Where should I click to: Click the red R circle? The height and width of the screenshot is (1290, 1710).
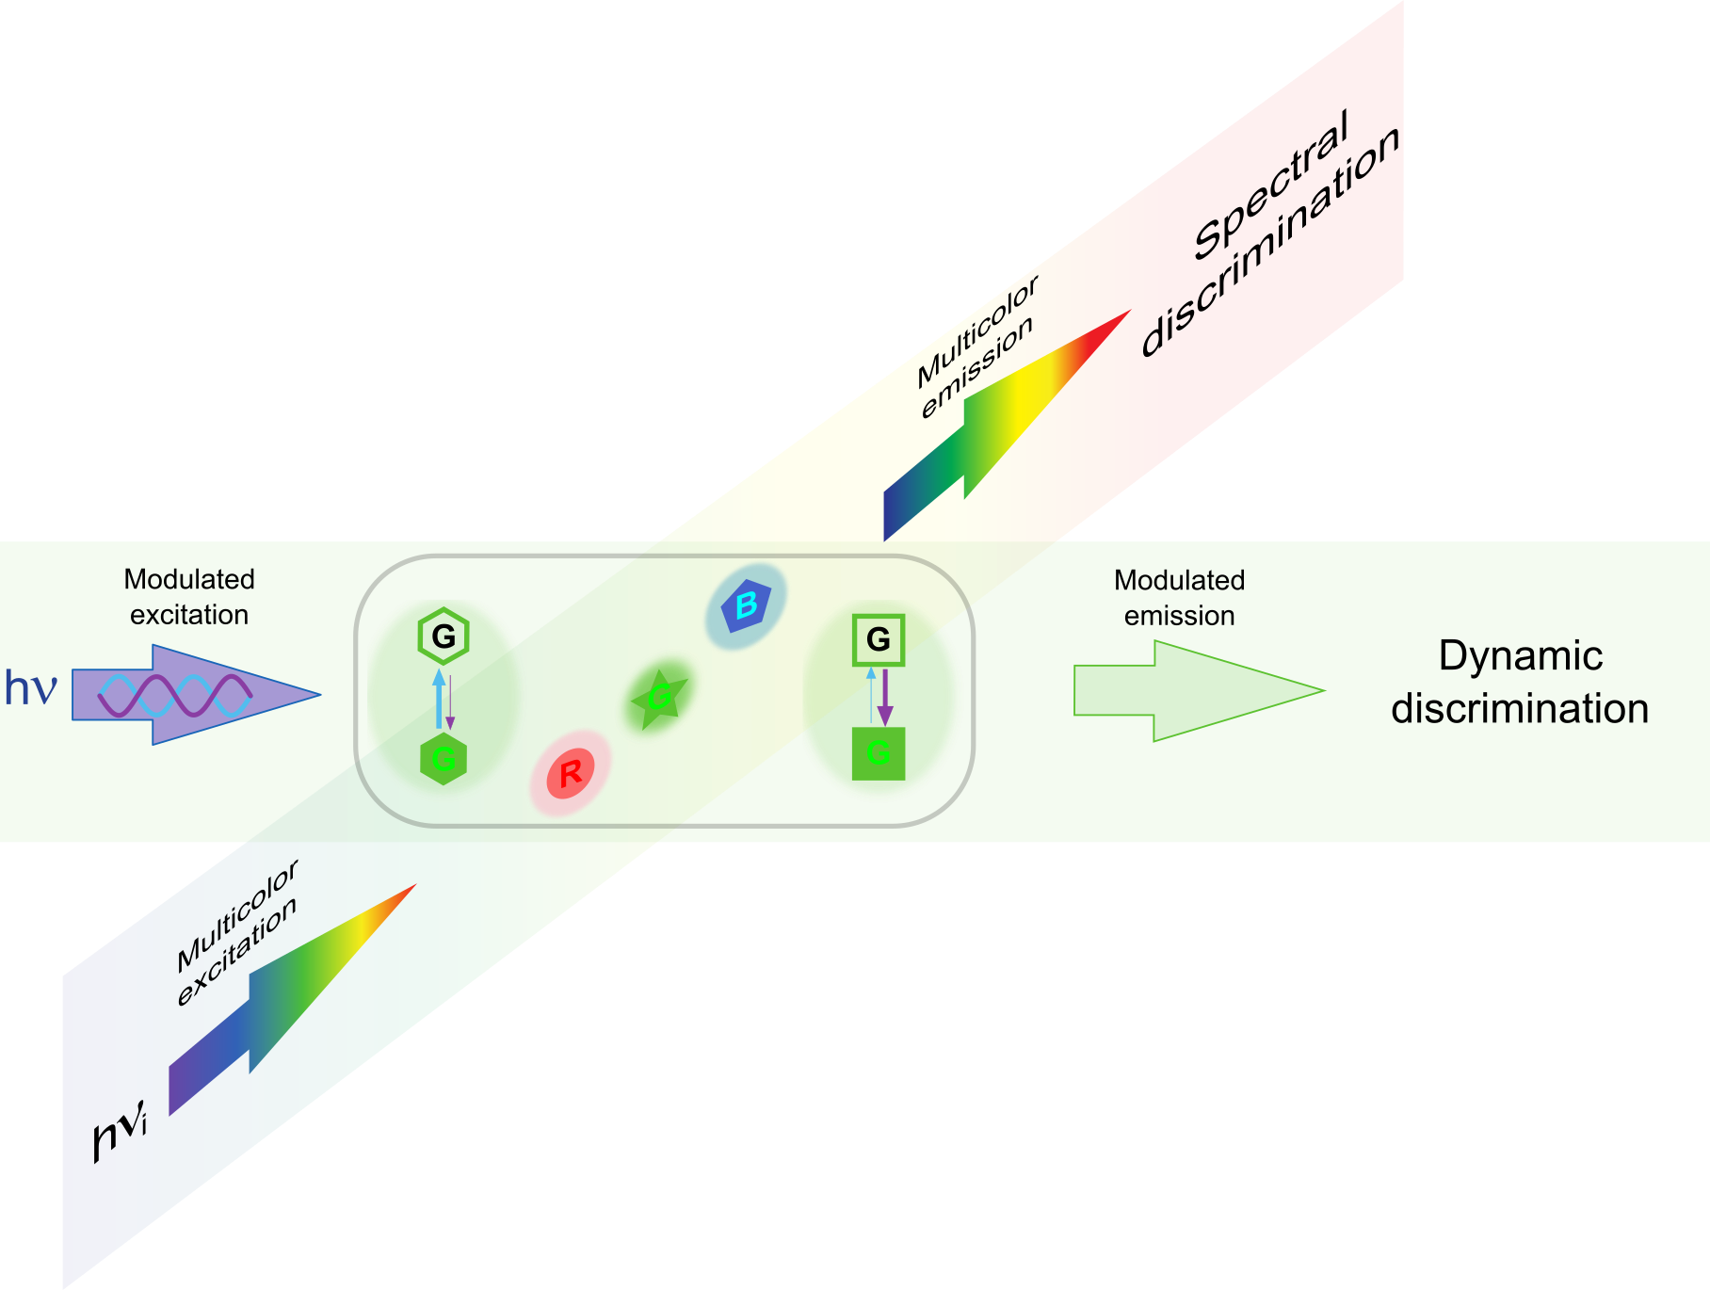pos(570,774)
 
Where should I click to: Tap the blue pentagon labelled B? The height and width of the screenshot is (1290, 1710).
pos(746,605)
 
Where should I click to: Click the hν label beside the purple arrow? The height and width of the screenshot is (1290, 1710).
pos(30,687)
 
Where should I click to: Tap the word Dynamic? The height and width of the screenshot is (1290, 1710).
pos(1520,656)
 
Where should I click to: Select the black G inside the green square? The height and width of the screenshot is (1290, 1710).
pos(878,639)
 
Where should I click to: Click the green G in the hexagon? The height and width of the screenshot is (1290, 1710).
pos(444,759)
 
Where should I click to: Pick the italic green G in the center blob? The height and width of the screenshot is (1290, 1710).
pos(659,697)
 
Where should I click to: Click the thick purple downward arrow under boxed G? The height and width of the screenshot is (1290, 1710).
pos(884,697)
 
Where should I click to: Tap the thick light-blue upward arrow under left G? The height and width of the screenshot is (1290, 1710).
pos(439,698)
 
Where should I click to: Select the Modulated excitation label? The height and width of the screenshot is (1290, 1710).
pos(189,597)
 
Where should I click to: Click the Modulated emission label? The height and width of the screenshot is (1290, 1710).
pos(1179,598)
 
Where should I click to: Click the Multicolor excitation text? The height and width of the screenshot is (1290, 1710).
pos(237,932)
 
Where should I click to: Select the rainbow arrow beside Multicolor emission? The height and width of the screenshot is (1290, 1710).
pos(998,424)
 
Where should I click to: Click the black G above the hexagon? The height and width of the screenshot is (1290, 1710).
pos(444,637)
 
